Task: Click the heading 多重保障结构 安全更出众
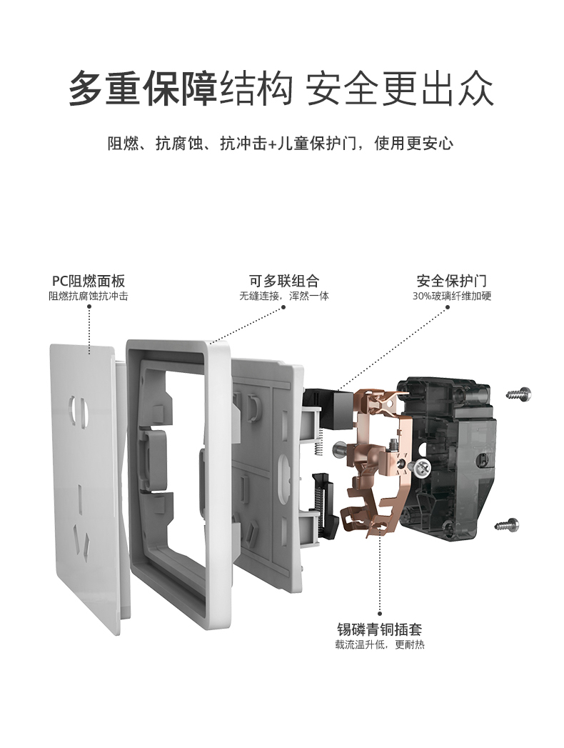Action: click(x=281, y=89)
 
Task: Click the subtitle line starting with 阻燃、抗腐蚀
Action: click(x=281, y=143)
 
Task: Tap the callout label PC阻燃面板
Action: click(x=89, y=281)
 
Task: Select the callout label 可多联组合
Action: click(x=283, y=281)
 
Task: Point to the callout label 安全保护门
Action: click(x=451, y=281)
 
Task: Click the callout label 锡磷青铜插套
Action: click(x=380, y=629)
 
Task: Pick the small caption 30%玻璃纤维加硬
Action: click(x=451, y=296)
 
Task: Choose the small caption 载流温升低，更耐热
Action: click(x=380, y=645)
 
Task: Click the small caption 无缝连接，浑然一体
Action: click(x=284, y=296)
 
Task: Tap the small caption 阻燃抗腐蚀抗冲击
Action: click(x=89, y=296)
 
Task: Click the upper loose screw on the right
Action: click(x=518, y=394)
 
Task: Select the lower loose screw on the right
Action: click(x=507, y=525)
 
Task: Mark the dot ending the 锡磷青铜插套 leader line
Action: click(x=380, y=614)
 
